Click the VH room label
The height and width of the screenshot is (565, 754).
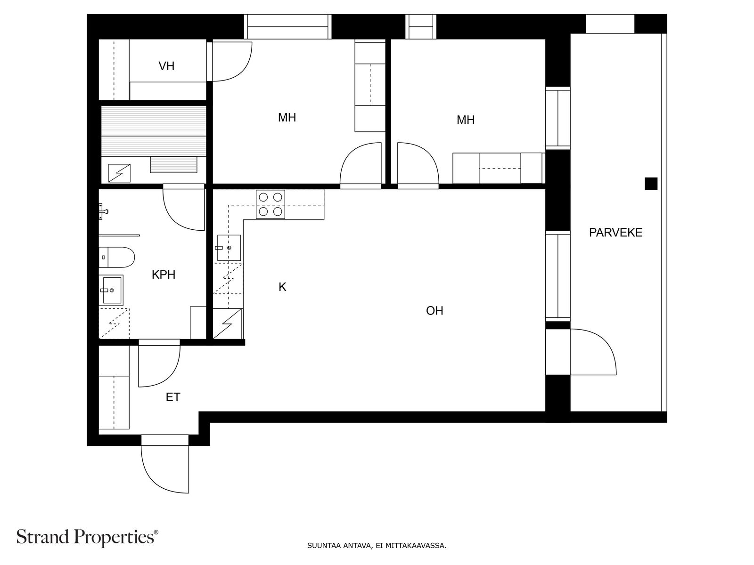tap(166, 66)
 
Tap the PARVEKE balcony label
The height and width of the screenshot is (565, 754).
tap(615, 233)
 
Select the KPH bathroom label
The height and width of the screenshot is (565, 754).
tap(164, 274)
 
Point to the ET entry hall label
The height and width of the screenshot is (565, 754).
tap(173, 397)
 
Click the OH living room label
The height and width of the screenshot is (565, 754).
tap(434, 310)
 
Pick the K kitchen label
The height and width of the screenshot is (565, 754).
tap(282, 287)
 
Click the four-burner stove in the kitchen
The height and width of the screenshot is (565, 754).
tap(270, 204)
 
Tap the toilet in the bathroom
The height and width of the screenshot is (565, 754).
tap(116, 257)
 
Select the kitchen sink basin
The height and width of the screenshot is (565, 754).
tap(229, 248)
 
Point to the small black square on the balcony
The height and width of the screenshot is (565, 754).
tap(651, 184)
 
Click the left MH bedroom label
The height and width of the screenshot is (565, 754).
tap(287, 117)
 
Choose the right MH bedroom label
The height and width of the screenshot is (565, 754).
tap(466, 120)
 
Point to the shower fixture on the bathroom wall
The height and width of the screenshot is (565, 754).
tap(103, 210)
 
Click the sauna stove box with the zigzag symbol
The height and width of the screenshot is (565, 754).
tap(119, 173)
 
